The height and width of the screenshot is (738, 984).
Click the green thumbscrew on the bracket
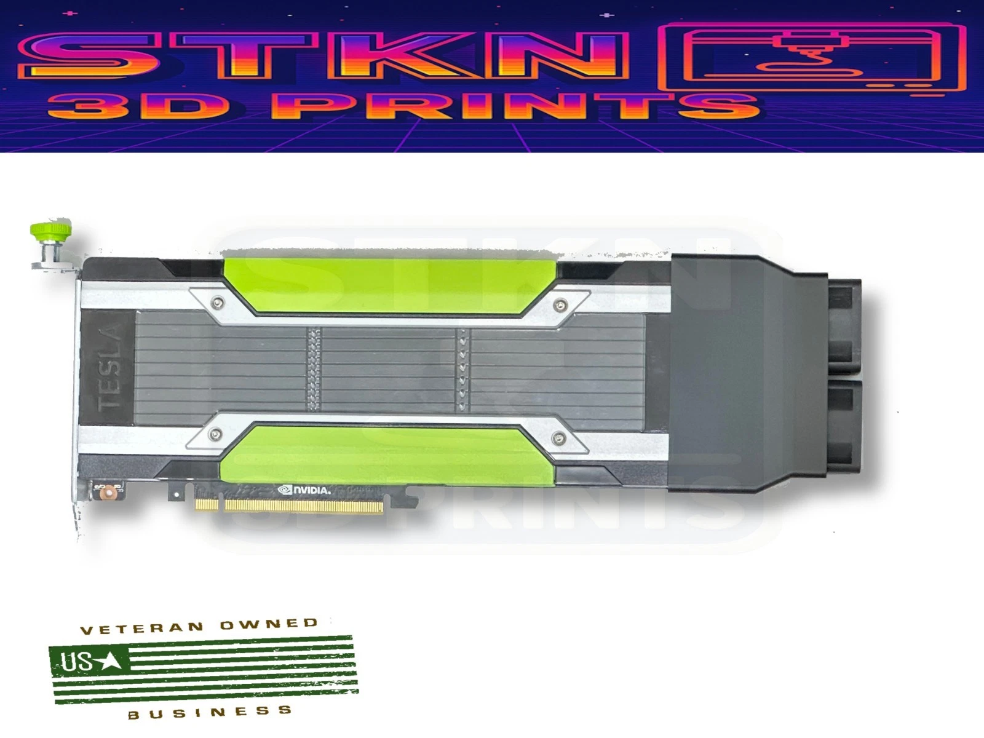pyautogui.click(x=50, y=229)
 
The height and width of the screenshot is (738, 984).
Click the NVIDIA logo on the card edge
pyautogui.click(x=304, y=490)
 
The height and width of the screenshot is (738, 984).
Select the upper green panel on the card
pyautogui.click(x=389, y=285)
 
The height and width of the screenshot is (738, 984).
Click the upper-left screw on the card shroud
pyautogui.click(x=218, y=303)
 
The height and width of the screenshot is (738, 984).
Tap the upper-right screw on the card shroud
pyautogui.click(x=560, y=305)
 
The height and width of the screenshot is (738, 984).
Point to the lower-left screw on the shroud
pyautogui.click(x=216, y=434)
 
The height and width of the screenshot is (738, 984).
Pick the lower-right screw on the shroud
pyautogui.click(x=558, y=437)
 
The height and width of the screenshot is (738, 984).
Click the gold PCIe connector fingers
pyautogui.click(x=289, y=506)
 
